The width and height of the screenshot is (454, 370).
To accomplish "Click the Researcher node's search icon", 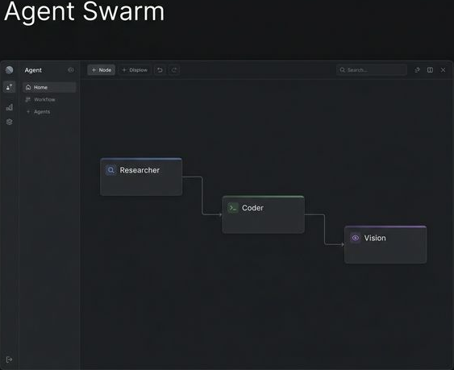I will pos(111,170).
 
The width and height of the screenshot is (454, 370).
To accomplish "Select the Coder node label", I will pos(252,208).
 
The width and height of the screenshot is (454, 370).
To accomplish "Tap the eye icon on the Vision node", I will pos(356,238).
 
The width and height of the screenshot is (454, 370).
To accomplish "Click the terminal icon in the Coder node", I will pos(233,208).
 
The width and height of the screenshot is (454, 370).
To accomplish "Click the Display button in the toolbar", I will pos(135,70).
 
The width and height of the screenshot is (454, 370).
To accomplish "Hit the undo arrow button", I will pos(160,70).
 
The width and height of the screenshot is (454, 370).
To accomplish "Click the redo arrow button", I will pos(174,70).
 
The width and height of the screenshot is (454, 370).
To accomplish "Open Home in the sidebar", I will pos(40,87).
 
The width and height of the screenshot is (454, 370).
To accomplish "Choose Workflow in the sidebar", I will pos(44,99).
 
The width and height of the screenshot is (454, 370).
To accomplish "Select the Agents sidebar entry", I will pos(41,111).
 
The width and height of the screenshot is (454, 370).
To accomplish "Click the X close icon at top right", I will pos(443,70).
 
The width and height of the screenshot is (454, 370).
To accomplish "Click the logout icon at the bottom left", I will pos(10,359).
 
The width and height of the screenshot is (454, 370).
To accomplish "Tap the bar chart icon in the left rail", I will pos(10,106).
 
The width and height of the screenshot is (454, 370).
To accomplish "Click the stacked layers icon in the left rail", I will pos(10,122).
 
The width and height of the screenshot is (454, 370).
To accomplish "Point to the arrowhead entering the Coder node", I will pos(219,214).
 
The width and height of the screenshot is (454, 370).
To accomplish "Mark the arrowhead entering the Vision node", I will pos(342,244).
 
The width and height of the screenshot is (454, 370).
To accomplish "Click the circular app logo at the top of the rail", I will pos(10,70).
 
